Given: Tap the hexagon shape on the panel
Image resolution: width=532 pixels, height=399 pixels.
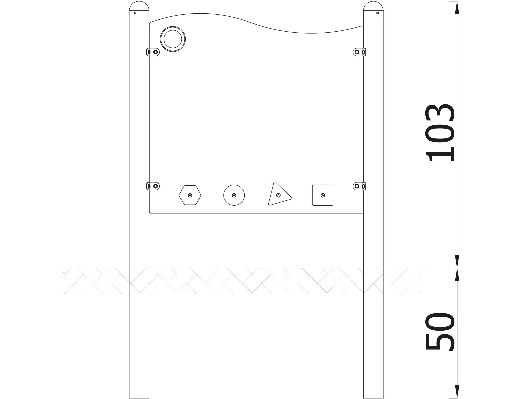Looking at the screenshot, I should tap(190, 195).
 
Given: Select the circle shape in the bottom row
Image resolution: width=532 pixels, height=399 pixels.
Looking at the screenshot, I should tap(234, 195).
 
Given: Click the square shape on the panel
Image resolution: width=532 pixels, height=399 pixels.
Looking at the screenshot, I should tap(323, 195).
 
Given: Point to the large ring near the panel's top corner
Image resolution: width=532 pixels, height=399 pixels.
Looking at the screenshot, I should tap(173, 39).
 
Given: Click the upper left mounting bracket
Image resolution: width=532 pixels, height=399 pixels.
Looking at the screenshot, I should tap(153, 52).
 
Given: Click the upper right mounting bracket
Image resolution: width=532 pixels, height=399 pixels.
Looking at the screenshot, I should tap(360, 52).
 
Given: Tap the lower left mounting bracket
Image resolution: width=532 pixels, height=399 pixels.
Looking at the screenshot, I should tap(153, 186).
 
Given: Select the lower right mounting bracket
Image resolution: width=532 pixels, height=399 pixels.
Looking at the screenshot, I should tap(360, 186).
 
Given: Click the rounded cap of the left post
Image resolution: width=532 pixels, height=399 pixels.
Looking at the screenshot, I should tap(139, 7).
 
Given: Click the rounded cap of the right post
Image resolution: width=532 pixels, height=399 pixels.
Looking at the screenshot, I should tap(373, 7).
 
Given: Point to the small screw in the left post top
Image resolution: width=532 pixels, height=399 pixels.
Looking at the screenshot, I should tap(135, 13).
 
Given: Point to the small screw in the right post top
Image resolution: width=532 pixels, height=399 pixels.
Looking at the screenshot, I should tap(377, 13).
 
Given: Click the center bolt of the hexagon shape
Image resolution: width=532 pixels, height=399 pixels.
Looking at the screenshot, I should tap(190, 195).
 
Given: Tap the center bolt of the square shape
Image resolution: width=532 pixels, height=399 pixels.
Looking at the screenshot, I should tap(323, 195).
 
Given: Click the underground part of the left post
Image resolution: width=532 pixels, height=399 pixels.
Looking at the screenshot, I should tap(139, 332).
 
